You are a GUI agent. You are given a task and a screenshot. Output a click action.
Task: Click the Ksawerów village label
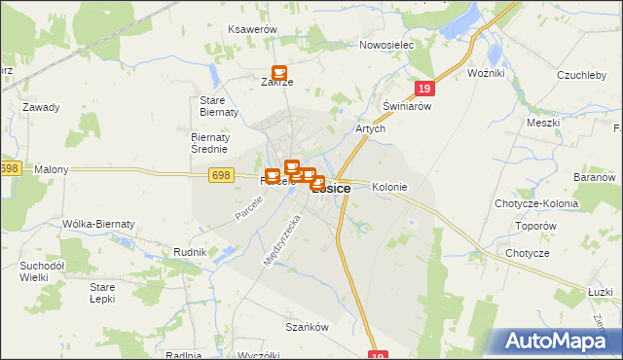[x=253, y=30]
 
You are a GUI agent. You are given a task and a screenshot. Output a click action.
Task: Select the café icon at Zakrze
[x=279, y=73]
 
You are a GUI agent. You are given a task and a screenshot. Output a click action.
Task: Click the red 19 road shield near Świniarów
[x=422, y=89]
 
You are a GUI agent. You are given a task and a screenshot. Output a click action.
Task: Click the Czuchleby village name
[x=583, y=74]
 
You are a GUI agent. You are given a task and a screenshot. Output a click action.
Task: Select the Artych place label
[x=371, y=128]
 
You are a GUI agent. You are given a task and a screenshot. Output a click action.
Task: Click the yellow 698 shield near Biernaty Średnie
[x=220, y=174]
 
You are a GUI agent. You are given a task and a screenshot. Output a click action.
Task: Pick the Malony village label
[x=52, y=169]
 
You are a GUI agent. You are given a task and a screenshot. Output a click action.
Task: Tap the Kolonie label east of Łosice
[x=389, y=187]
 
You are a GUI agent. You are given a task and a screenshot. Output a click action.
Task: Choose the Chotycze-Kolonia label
[x=536, y=204]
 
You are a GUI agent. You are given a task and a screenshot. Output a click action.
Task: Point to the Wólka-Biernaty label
[x=97, y=224]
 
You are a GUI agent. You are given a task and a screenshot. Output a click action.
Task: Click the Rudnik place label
[x=190, y=252]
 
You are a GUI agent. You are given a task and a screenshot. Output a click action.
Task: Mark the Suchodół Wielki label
[x=42, y=270]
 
